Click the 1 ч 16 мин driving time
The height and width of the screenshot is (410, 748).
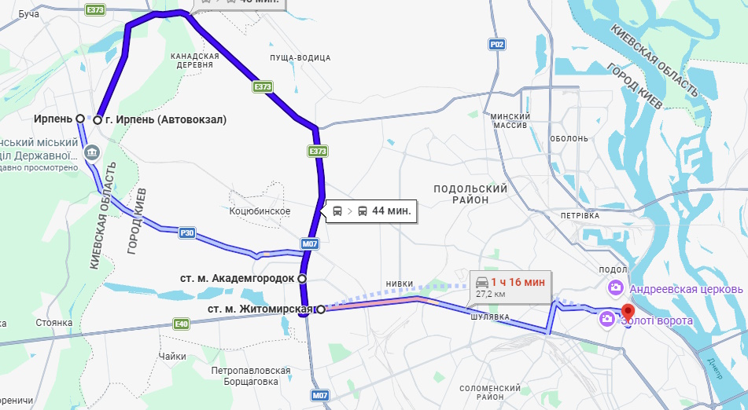pyautogui.click(x=518, y=282)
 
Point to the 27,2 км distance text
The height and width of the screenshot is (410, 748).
pyautogui.click(x=492, y=294)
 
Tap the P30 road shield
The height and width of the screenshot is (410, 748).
pyautogui.click(x=186, y=232)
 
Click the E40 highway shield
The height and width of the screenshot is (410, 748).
pyautogui.click(x=182, y=323)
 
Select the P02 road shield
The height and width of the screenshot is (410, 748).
pyautogui.click(x=496, y=45)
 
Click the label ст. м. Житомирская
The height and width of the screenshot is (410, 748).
pyautogui.click(x=260, y=309)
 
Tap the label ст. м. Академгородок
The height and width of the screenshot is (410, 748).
pyautogui.click(x=237, y=278)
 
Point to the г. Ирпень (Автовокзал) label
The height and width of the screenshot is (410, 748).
pyautogui.click(x=165, y=120)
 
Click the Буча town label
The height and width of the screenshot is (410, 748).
pyautogui.click(x=28, y=14)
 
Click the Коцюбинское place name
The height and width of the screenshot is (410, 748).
pyautogui.click(x=260, y=211)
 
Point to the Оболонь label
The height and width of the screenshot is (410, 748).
pyautogui.click(x=569, y=138)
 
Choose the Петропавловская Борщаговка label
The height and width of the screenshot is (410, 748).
pyautogui.click(x=251, y=376)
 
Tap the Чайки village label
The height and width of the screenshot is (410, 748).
pyautogui.click(x=171, y=356)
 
